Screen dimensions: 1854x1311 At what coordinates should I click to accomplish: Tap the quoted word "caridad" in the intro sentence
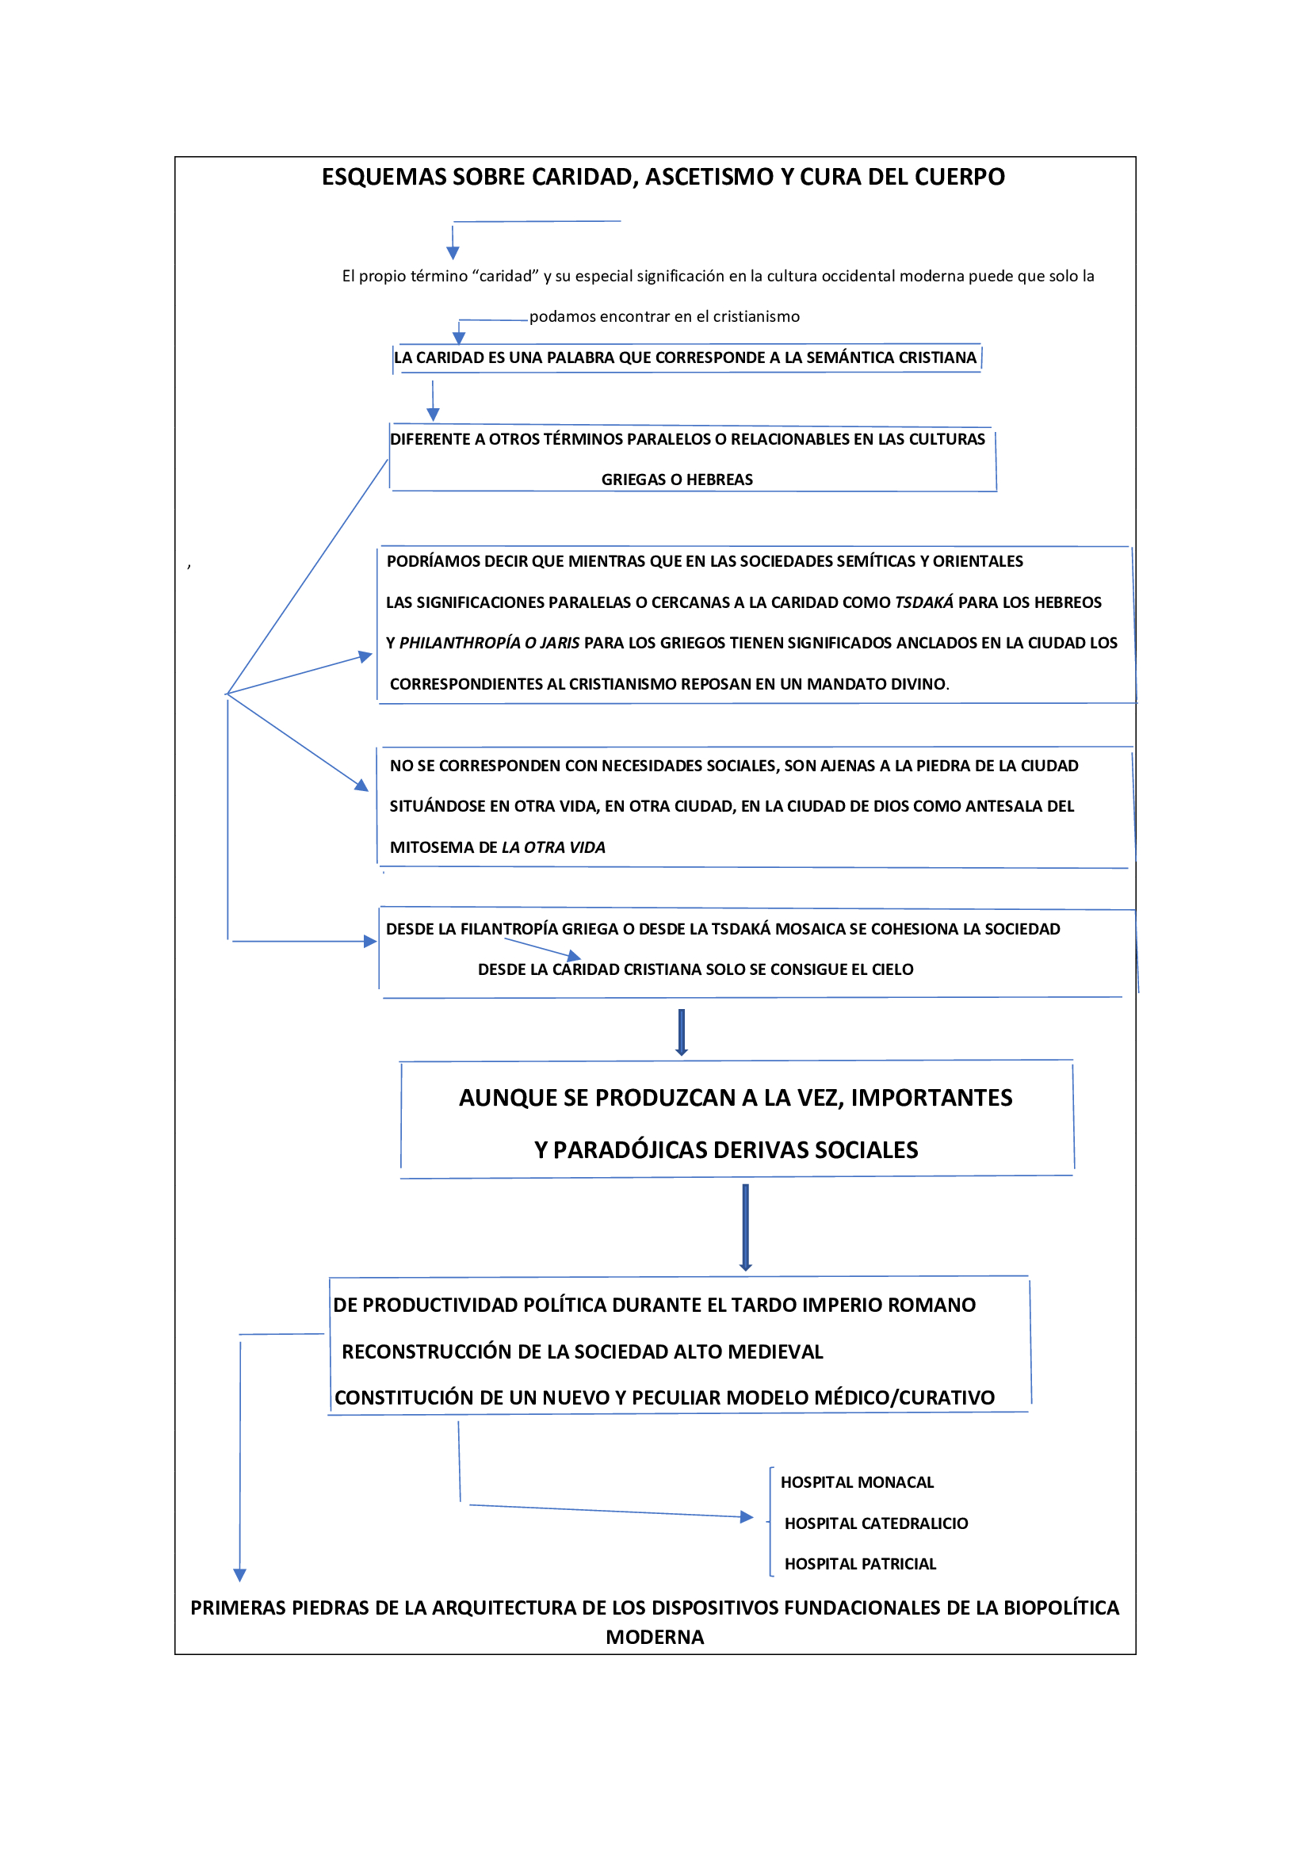tap(506, 276)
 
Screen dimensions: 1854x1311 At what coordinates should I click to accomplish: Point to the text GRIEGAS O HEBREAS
tap(676, 480)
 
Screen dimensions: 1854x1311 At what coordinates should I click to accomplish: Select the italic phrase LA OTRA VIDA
tap(553, 847)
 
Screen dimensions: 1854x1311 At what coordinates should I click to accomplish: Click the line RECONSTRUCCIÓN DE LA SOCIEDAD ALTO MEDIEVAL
tap(582, 1351)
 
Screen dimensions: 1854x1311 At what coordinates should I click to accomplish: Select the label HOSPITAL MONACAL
tap(857, 1482)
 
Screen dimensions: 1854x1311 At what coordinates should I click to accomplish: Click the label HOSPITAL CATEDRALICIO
tap(876, 1523)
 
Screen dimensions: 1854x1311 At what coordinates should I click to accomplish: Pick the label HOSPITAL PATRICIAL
tap(860, 1564)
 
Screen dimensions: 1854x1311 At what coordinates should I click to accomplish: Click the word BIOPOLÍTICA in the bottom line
tap(1061, 1607)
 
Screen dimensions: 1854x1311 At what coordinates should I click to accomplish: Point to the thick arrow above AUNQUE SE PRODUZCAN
tap(682, 1032)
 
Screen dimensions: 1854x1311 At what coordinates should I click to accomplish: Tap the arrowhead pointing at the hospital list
tap(747, 1517)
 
